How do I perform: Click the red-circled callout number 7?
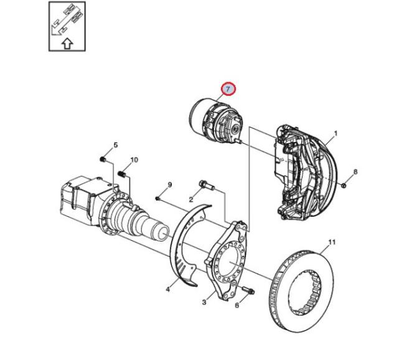228,89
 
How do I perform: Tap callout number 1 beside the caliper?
335,133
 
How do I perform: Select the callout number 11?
332,242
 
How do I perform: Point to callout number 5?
115,145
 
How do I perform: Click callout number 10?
134,159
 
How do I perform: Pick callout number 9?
170,184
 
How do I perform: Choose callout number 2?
190,199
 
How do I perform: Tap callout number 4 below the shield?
167,289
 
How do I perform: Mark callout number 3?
204,302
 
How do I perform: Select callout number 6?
237,305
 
